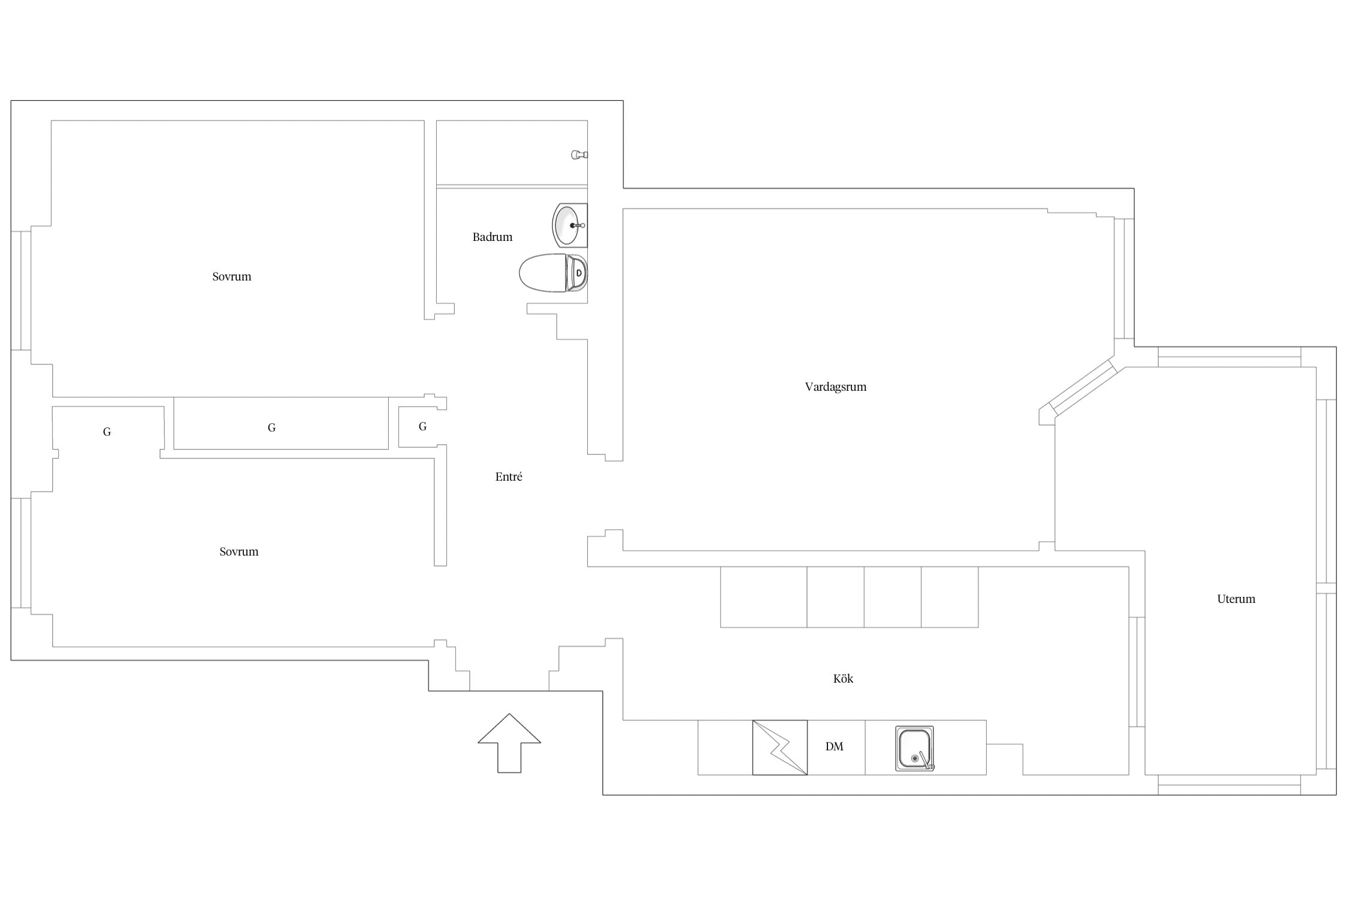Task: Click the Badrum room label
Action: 492,237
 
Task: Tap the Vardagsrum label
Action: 836,387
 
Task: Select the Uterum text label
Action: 1236,599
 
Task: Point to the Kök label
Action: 843,678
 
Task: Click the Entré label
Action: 509,476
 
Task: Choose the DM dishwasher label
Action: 835,746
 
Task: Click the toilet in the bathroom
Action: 553,273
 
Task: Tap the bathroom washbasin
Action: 570,225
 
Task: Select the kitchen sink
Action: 915,748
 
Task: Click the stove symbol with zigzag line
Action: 780,747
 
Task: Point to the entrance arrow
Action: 509,743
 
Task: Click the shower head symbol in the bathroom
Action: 579,155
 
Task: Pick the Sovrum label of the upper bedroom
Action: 232,276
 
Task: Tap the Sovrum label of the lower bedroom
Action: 239,551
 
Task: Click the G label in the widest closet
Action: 271,427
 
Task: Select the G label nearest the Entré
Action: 422,426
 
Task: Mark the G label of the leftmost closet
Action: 107,432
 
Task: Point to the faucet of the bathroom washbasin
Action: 578,225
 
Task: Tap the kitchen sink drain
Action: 915,759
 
